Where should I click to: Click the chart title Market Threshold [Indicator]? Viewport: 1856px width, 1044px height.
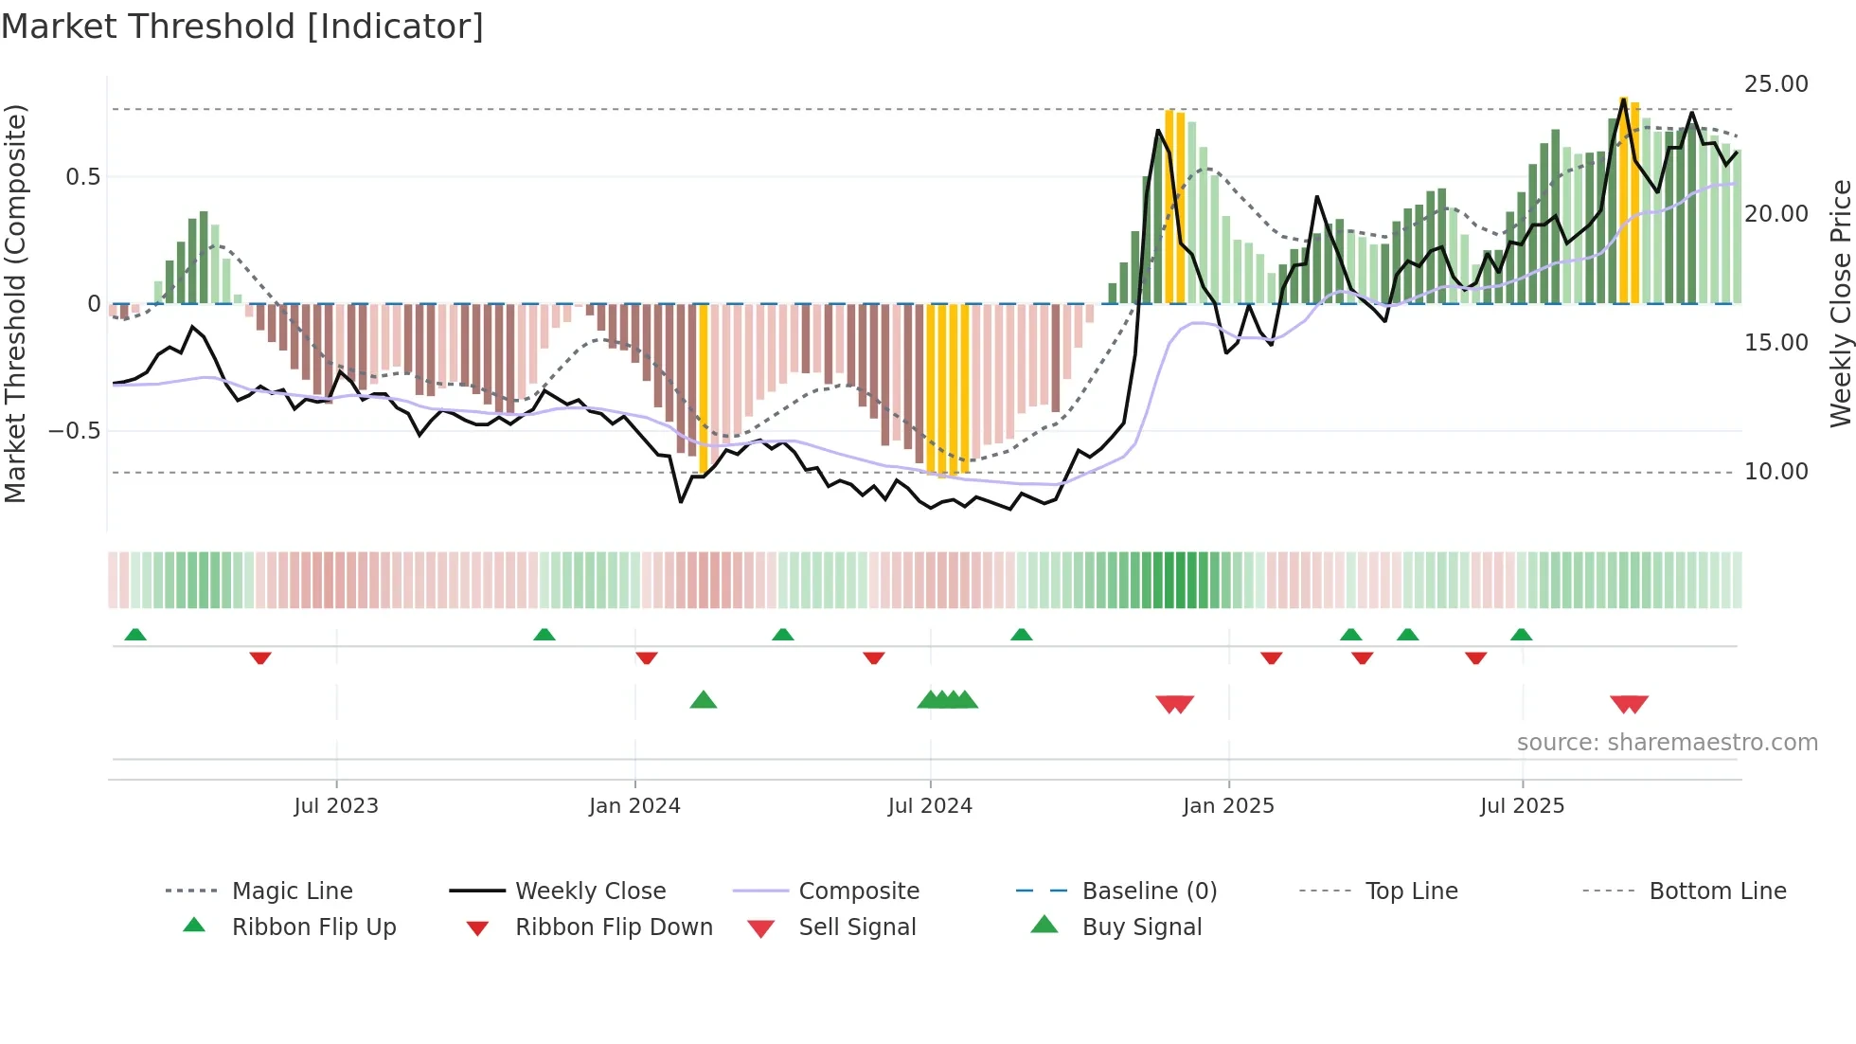[x=242, y=27]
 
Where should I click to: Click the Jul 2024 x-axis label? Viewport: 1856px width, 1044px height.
[x=930, y=805]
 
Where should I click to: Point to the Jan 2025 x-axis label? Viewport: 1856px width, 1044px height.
[x=1228, y=805]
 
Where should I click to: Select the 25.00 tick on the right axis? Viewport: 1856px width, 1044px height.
[x=1776, y=84]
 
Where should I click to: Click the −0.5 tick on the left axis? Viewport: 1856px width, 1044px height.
[x=74, y=431]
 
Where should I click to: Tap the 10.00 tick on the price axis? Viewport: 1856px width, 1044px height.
[x=1776, y=472]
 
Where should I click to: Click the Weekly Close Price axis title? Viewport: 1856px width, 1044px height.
[x=1840, y=303]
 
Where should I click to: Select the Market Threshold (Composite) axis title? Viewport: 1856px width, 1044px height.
[x=15, y=303]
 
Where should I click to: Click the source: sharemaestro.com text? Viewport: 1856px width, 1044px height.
[x=1667, y=743]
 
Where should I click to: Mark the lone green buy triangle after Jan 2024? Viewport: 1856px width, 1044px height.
[x=704, y=700]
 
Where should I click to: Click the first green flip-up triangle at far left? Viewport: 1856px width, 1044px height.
[x=135, y=634]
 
